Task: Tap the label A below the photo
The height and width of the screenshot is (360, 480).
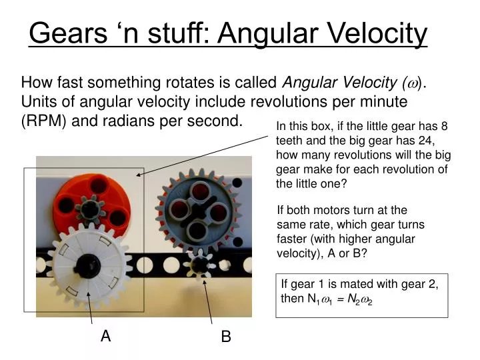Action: coord(105,337)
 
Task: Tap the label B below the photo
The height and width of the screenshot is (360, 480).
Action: coord(226,337)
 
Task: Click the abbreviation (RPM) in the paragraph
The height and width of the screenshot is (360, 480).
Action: coord(43,121)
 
